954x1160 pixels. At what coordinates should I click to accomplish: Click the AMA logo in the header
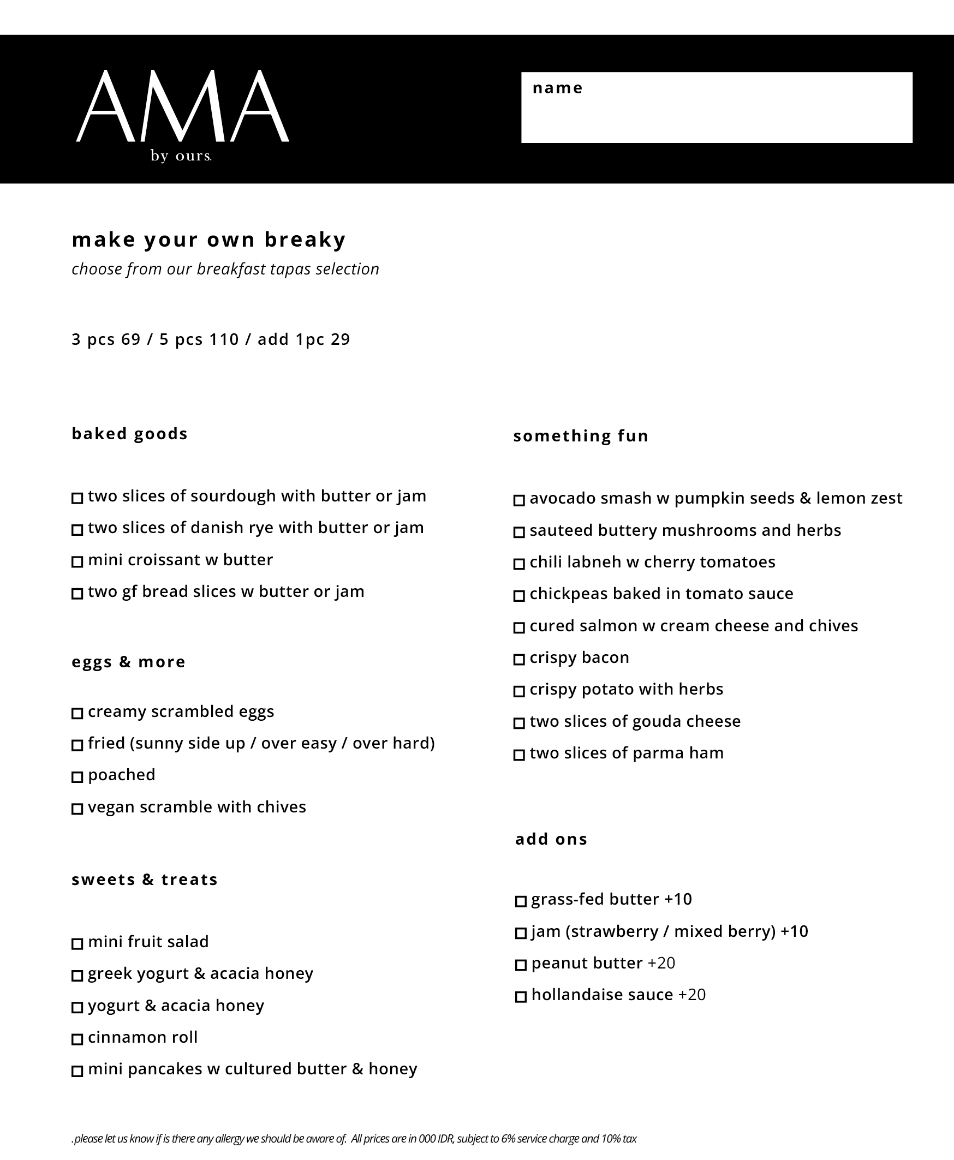182,106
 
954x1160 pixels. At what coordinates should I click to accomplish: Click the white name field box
717,107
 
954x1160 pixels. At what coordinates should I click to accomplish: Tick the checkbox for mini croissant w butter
77,561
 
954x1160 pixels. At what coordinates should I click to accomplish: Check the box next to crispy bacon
519,659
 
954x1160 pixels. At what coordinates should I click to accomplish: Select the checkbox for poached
77,776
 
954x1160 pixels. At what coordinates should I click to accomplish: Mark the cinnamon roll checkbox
77,1039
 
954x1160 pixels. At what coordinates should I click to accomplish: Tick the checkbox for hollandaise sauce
521,996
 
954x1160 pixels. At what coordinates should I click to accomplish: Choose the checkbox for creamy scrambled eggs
77,713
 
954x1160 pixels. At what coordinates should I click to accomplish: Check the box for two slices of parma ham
519,755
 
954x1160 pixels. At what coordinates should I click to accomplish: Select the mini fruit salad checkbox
77,943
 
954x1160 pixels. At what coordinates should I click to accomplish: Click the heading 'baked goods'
130,434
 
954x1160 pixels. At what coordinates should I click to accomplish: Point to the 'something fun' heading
581,436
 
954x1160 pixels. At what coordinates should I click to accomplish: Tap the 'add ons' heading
551,839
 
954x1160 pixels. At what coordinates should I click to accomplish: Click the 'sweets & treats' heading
145,880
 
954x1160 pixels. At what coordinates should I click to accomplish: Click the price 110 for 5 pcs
224,339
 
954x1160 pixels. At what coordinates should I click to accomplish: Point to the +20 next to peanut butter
661,963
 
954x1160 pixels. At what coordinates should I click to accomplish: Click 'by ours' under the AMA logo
181,156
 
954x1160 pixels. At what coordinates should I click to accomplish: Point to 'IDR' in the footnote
444,1139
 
